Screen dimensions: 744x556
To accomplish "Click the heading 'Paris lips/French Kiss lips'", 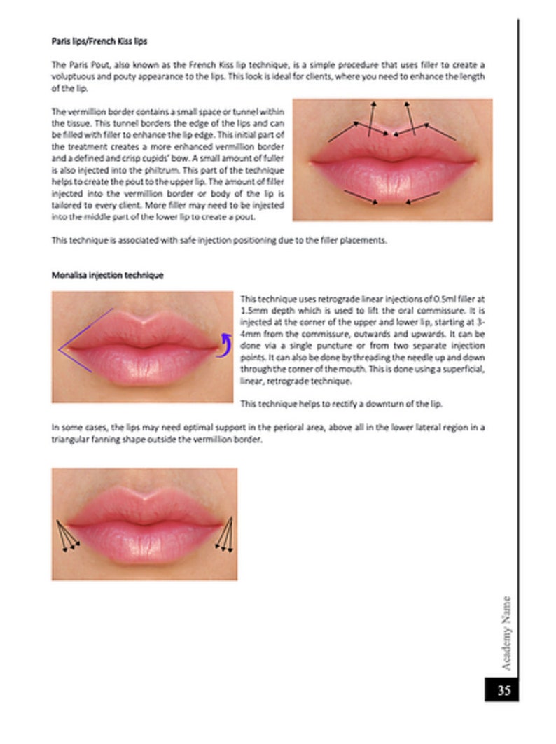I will (99, 42).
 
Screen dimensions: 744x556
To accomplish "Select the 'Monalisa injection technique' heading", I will (107, 275).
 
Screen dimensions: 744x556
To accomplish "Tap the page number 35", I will (504, 691).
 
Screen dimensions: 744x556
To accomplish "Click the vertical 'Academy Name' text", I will (506, 633).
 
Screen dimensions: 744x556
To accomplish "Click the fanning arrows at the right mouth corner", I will (224, 536).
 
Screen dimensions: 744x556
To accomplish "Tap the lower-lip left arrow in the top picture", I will (361, 197).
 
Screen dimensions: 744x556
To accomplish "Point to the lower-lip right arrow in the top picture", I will (423, 197).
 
